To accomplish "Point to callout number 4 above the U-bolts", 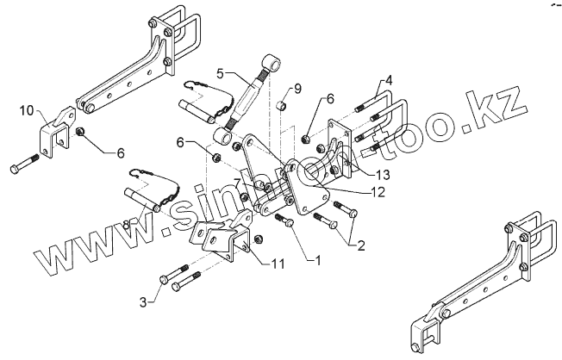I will (x=389, y=80).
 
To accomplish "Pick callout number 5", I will (x=221, y=72).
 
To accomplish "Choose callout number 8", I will (x=126, y=226).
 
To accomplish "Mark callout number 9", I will (x=297, y=89).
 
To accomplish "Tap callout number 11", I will (x=278, y=263).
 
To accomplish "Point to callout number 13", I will (x=383, y=175).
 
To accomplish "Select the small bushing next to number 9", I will (x=280, y=107).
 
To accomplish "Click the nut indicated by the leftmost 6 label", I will (x=81, y=133).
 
